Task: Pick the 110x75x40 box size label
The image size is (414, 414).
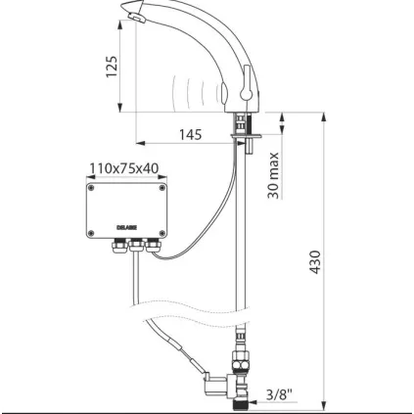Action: click(123, 167)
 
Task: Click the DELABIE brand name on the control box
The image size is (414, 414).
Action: click(128, 224)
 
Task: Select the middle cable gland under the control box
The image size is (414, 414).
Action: click(129, 251)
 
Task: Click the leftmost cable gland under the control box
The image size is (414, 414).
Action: click(112, 251)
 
